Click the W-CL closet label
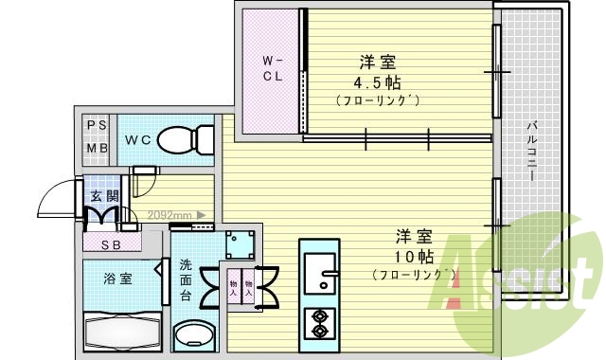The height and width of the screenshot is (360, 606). coord(272,71)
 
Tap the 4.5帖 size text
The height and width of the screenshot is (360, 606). coord(377,81)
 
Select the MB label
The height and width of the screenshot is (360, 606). coord(97,149)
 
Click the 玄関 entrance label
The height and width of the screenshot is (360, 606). coord(103,197)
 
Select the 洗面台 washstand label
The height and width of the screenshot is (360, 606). coord(187,279)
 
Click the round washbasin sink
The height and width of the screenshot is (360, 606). coord(196,335)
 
